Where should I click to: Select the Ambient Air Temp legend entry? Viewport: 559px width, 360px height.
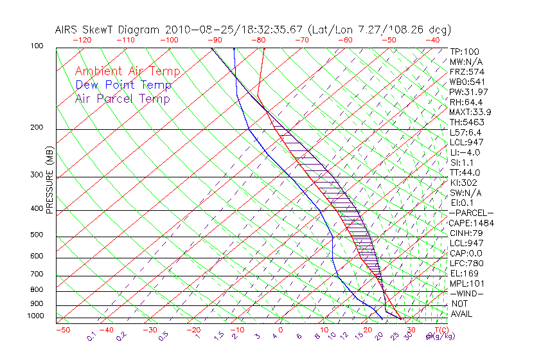click(x=127, y=72)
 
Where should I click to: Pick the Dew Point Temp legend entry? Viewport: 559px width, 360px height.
click(x=123, y=85)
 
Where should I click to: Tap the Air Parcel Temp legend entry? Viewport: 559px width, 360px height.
click(x=122, y=99)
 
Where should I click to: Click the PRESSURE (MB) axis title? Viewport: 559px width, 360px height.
click(x=49, y=181)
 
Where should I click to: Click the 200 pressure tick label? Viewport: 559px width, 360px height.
click(x=38, y=128)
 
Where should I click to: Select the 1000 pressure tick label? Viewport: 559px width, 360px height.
click(x=36, y=316)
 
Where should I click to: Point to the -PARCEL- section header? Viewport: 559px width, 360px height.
click(x=472, y=213)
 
